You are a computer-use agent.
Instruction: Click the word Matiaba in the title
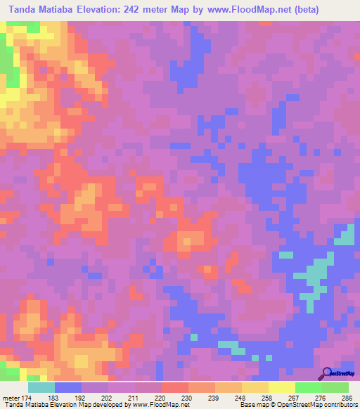tap(69, 10)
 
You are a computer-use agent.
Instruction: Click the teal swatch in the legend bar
tap(41, 388)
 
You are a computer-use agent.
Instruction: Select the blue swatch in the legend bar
tap(68, 388)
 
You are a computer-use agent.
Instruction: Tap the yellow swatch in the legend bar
tap(281, 388)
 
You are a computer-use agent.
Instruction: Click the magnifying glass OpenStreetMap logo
tap(327, 374)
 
